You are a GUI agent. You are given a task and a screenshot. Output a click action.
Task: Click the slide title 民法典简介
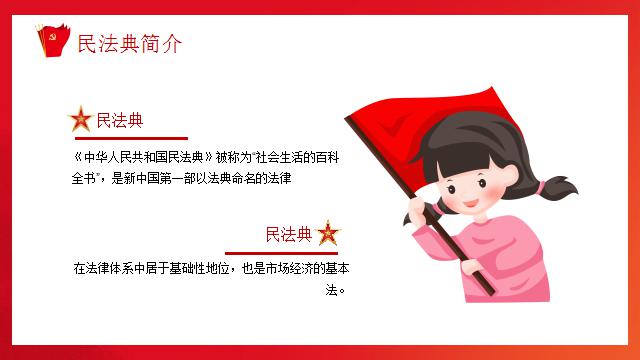click(129, 44)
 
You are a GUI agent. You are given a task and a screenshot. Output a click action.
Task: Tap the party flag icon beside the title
click(53, 40)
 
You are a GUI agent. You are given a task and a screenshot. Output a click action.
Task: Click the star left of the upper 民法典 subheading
click(81, 119)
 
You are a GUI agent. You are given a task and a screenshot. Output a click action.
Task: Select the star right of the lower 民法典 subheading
click(328, 233)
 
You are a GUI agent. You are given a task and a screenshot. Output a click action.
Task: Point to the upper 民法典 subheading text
click(120, 120)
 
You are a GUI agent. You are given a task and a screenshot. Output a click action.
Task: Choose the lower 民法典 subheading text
click(289, 234)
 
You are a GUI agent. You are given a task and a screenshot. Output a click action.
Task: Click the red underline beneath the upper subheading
click(131, 138)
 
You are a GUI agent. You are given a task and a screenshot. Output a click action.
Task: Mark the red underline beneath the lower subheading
click(281, 253)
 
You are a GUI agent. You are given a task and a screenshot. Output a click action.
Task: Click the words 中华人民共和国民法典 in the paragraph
click(143, 157)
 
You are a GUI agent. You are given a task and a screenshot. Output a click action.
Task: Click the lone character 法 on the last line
click(331, 290)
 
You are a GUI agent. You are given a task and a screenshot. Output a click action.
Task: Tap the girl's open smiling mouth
click(470, 203)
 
